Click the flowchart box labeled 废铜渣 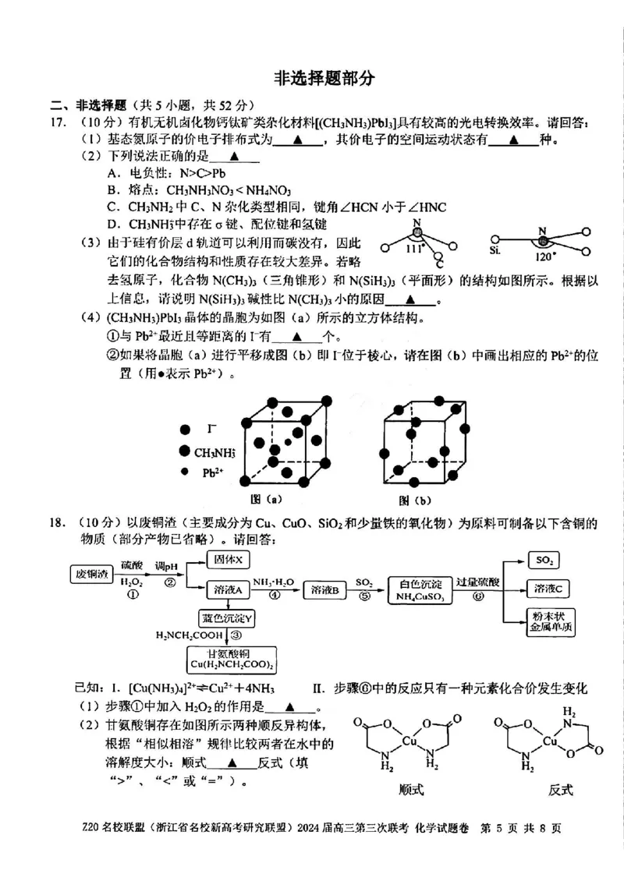pyautogui.click(x=91, y=575)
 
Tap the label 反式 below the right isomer pyautogui.click(x=561, y=789)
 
